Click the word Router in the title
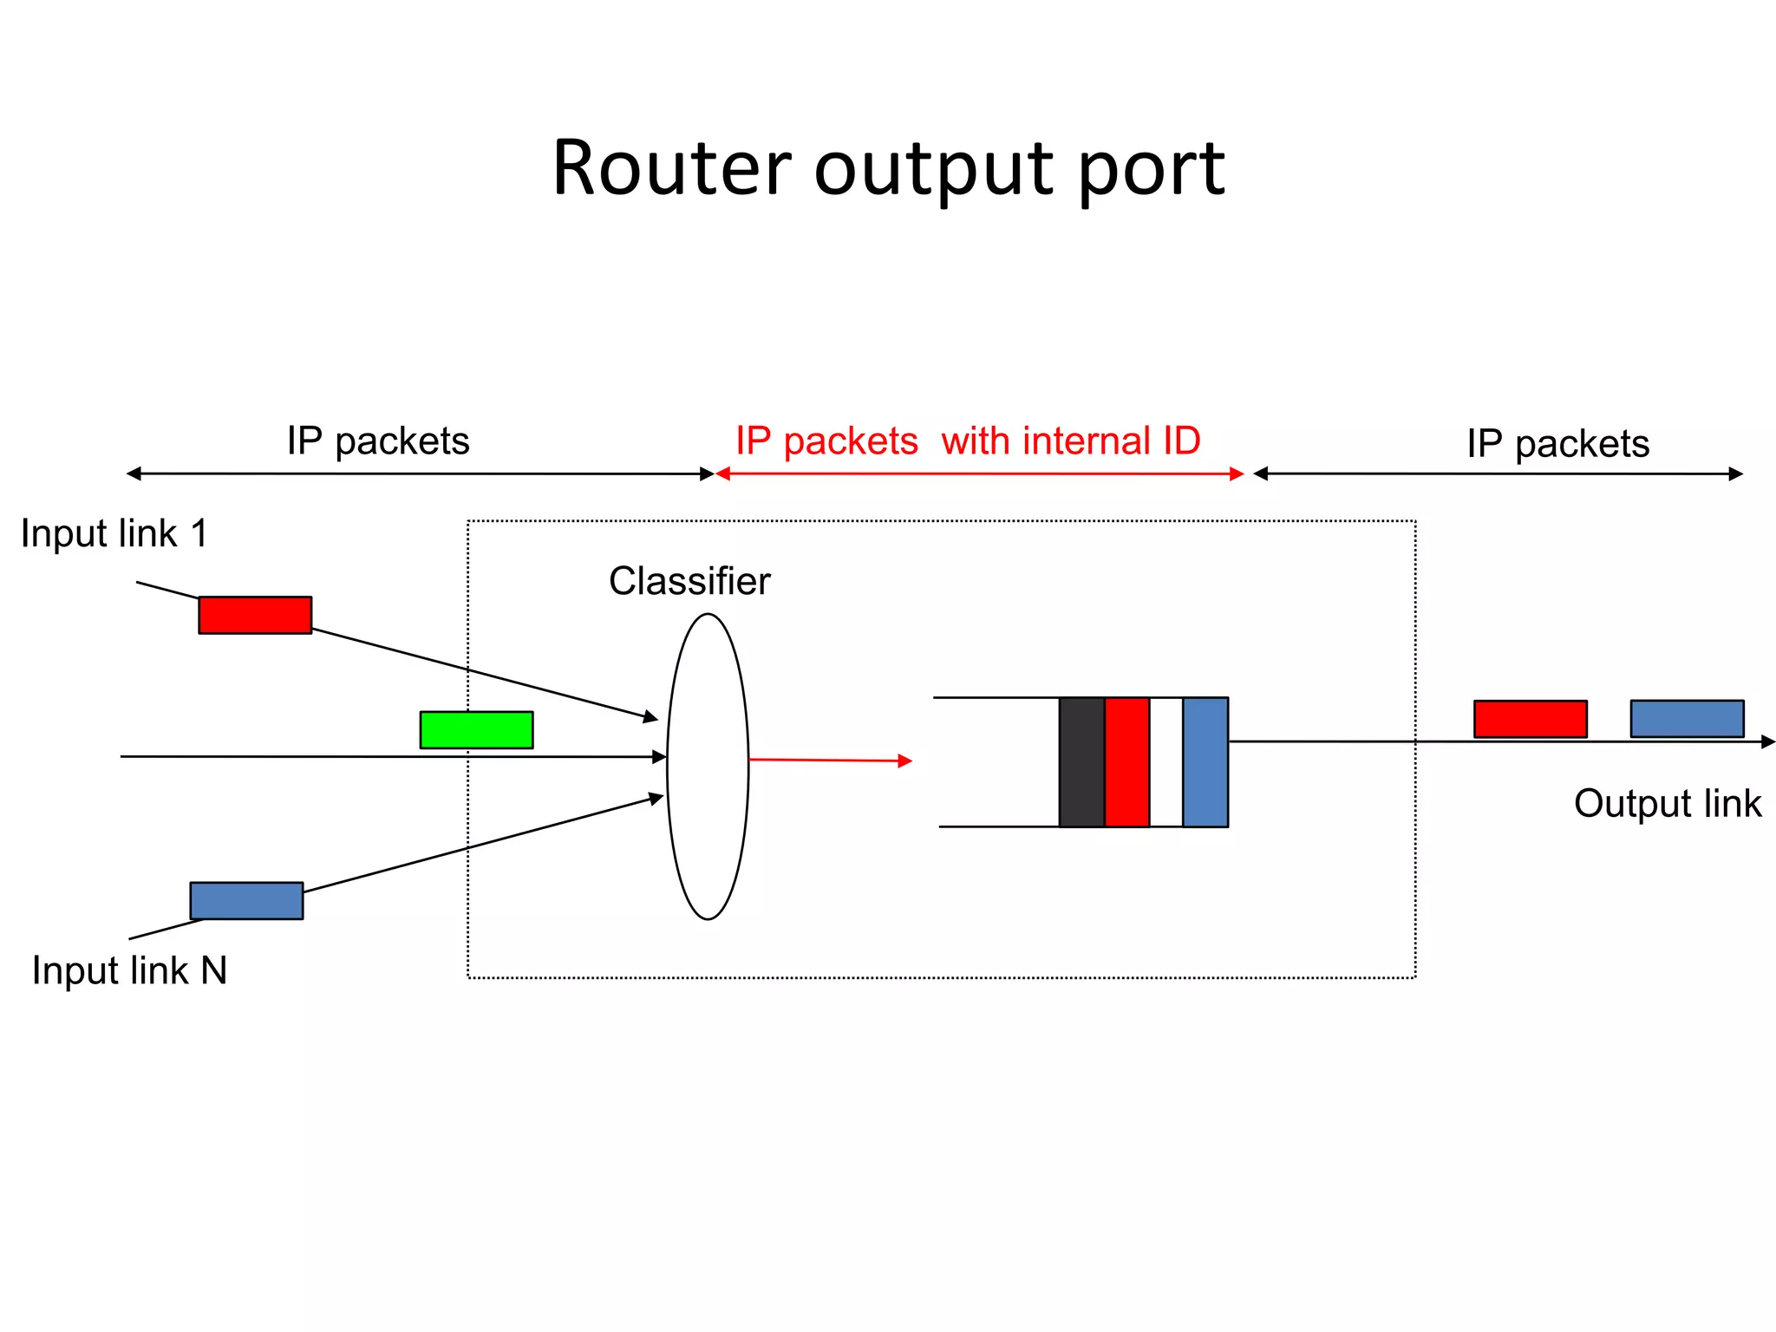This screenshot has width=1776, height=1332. (x=671, y=168)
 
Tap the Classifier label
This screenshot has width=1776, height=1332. (x=689, y=581)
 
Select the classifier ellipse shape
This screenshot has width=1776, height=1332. (x=708, y=767)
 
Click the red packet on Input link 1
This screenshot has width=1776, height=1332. (x=255, y=615)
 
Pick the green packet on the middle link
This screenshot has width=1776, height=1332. (x=476, y=730)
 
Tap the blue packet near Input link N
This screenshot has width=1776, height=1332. (x=246, y=901)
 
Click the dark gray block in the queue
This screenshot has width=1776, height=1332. (x=1081, y=762)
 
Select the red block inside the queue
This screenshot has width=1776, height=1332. (x=1126, y=762)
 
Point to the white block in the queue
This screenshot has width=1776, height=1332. (x=1166, y=762)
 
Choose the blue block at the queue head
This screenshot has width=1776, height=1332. (x=1205, y=762)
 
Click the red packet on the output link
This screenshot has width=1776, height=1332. (x=1531, y=719)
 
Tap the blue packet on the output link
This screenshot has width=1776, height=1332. (x=1687, y=719)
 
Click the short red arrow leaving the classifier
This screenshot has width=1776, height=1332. (x=828, y=761)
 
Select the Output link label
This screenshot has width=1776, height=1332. (x=1667, y=804)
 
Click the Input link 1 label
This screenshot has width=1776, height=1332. (x=114, y=533)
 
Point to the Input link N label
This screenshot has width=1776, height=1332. (x=129, y=970)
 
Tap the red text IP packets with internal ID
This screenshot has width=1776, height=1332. (x=967, y=441)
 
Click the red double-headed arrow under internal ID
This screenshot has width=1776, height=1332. (x=980, y=473)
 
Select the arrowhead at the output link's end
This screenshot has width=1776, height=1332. (x=1768, y=741)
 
